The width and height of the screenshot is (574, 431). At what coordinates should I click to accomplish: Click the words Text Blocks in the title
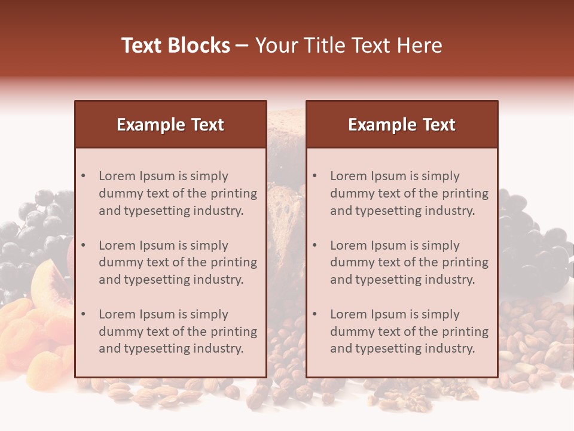(x=175, y=45)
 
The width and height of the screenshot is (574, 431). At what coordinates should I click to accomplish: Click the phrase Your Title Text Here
(x=349, y=45)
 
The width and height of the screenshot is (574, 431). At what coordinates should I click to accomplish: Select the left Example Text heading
(x=170, y=125)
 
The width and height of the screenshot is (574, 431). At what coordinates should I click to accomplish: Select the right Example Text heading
(x=402, y=125)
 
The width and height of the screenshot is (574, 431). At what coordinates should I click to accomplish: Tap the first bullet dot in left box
(x=84, y=176)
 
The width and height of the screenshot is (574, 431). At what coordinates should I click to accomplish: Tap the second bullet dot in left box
(x=84, y=245)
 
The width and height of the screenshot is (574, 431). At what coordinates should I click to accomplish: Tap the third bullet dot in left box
(x=84, y=314)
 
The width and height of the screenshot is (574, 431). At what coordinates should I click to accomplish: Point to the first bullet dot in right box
(x=315, y=176)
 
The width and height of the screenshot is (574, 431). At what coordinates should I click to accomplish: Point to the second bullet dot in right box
(x=315, y=245)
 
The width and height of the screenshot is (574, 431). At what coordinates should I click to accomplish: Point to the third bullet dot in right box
(x=315, y=314)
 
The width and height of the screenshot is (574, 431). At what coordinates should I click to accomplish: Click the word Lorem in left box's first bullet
(x=117, y=176)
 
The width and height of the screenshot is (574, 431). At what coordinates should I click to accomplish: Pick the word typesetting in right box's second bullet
(x=387, y=280)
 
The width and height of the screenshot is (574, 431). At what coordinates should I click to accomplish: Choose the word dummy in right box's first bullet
(x=350, y=193)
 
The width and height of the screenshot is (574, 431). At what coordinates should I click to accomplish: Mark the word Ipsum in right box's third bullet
(x=389, y=314)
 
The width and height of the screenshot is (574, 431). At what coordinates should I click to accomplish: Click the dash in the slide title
(x=243, y=45)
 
